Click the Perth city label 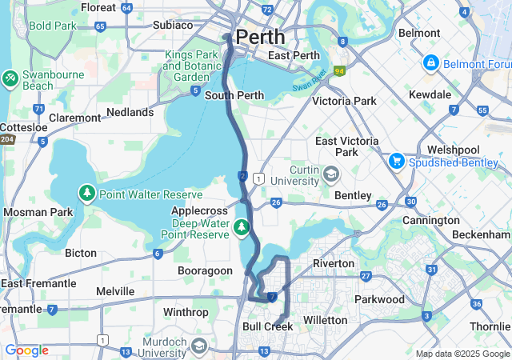tap(259, 37)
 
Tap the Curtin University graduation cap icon tap(330, 174)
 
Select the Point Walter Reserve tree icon tap(86, 194)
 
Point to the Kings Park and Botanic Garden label tap(191, 66)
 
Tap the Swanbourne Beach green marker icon tap(10, 78)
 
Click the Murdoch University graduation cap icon tap(198, 346)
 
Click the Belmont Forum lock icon tap(430, 62)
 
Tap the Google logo tap(26, 350)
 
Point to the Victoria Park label tap(343, 102)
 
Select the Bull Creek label tap(267, 326)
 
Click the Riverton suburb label tap(333, 263)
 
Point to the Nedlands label tap(129, 113)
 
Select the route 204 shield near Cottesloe tap(6, 139)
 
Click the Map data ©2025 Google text tap(462, 354)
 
